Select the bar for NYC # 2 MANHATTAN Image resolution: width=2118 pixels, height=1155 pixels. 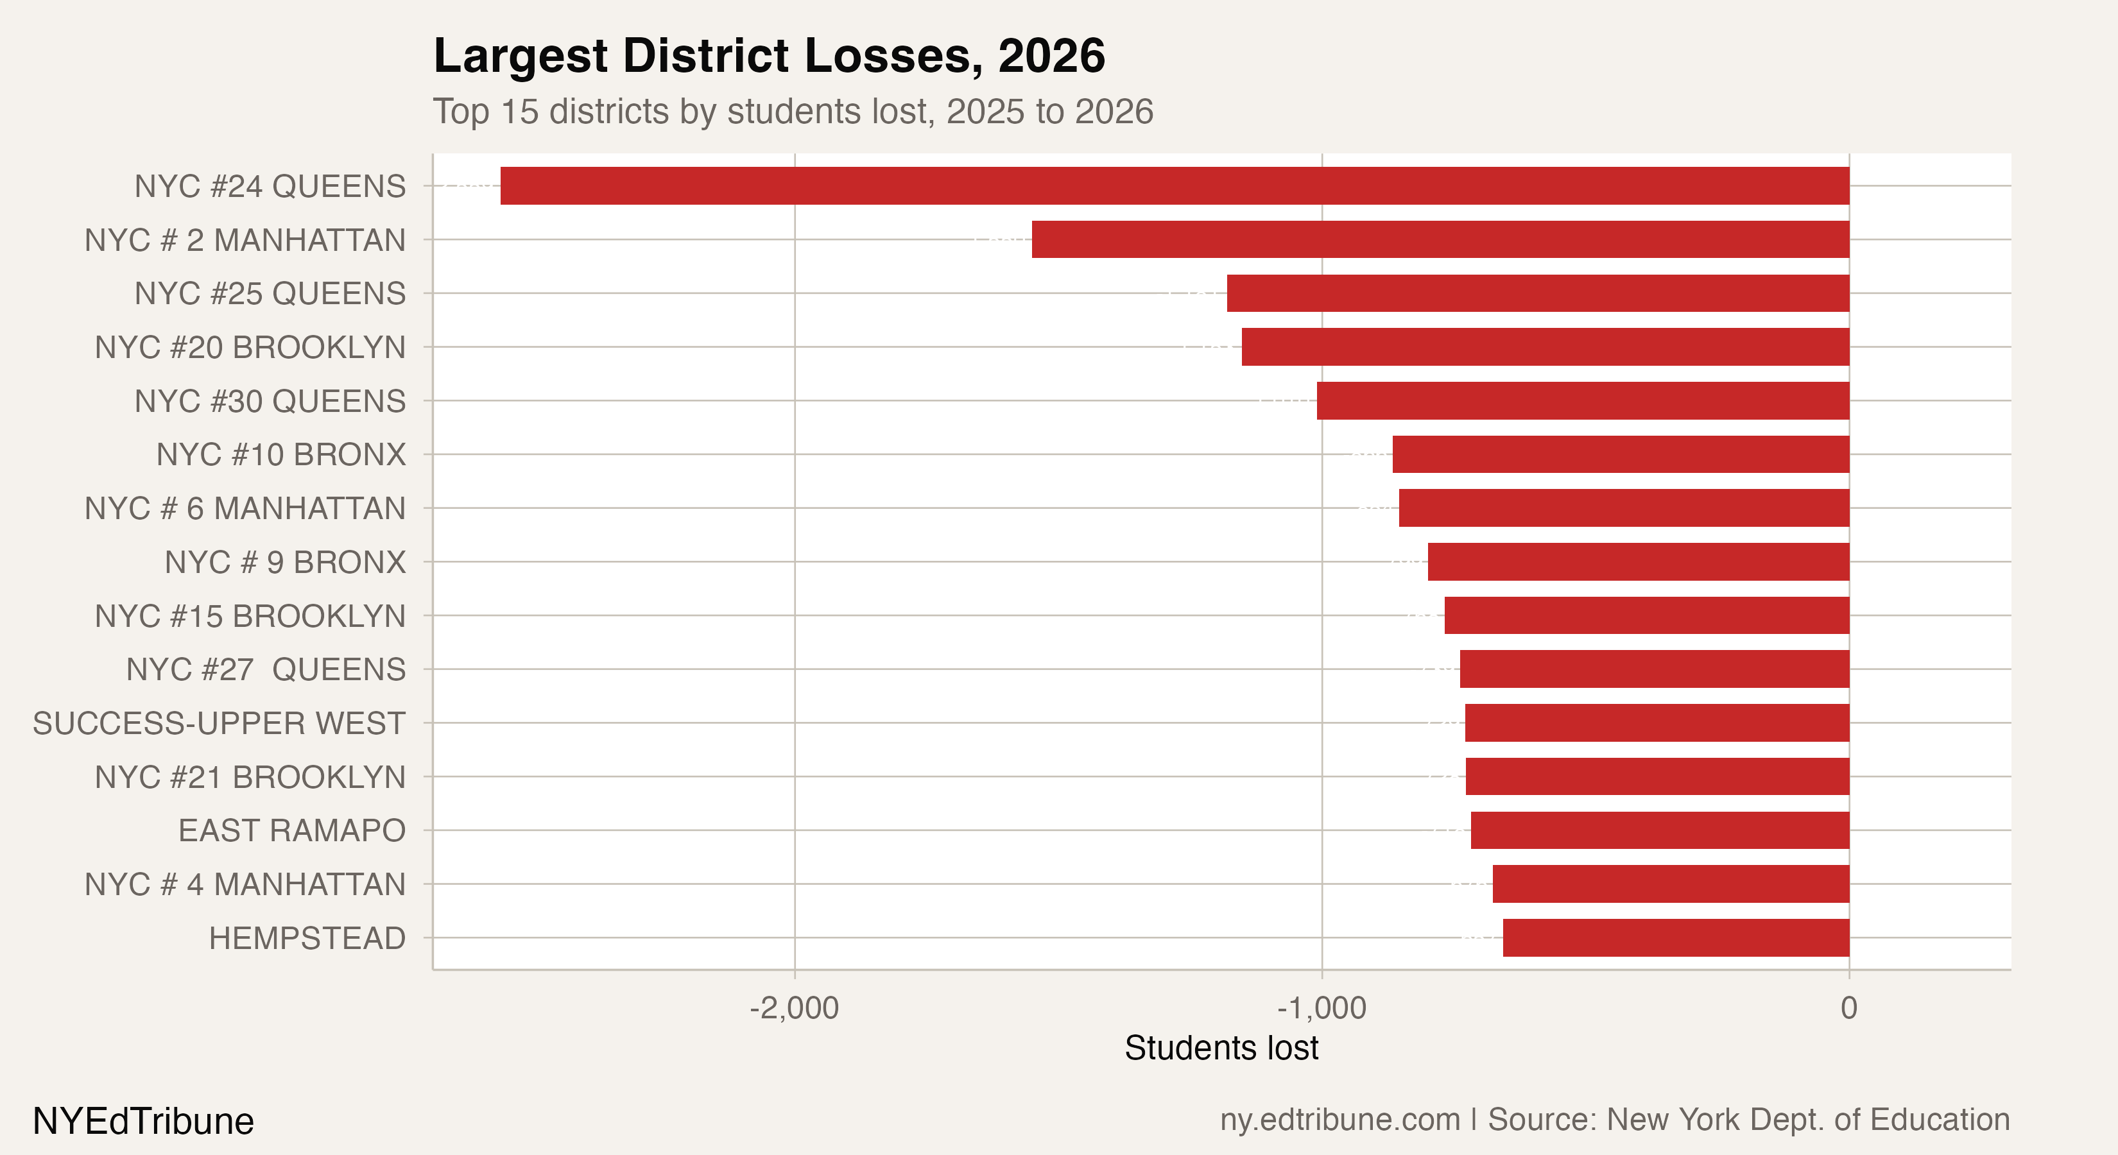pyautogui.click(x=1440, y=239)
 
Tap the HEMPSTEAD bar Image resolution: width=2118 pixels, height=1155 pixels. pyautogui.click(x=1676, y=938)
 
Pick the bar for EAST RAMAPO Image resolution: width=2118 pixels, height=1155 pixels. pyautogui.click(x=1659, y=830)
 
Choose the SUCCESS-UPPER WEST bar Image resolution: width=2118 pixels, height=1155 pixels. pyautogui.click(x=1657, y=723)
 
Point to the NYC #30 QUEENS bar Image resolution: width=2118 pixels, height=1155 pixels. pyautogui.click(x=1583, y=400)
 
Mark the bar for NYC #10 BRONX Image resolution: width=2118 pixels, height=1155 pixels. pyautogui.click(x=1621, y=454)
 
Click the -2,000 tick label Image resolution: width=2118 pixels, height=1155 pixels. pyautogui.click(x=795, y=1008)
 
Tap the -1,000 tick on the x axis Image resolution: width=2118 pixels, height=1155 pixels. pyautogui.click(x=1322, y=1008)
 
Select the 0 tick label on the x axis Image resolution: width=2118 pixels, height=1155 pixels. pyautogui.click(x=1849, y=1008)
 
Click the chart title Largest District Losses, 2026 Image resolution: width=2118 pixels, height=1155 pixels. pyautogui.click(x=769, y=56)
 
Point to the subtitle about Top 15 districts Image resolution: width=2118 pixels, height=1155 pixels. pyautogui.click(x=793, y=112)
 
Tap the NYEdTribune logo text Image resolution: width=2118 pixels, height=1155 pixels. pyautogui.click(x=143, y=1121)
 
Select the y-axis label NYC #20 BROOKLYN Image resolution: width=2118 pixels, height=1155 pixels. pyautogui.click(x=250, y=347)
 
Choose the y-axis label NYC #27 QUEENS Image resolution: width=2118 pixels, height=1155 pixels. pyautogui.click(x=266, y=669)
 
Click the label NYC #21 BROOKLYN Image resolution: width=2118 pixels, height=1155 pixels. pyautogui.click(x=250, y=777)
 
